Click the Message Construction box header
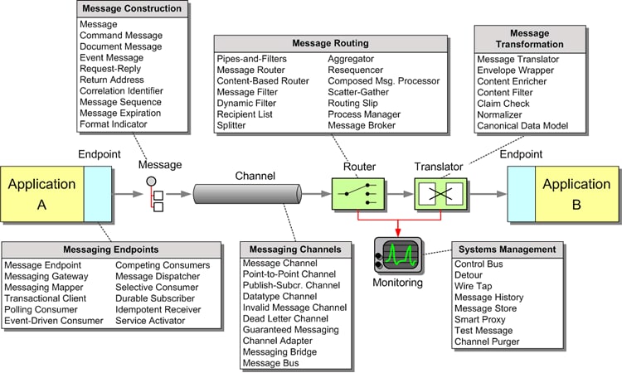tap(132, 9)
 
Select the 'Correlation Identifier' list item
tap(121, 91)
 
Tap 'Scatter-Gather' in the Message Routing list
tap(358, 92)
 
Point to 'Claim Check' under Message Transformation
tap(503, 104)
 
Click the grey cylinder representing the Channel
tap(247, 194)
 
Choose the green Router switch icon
tap(357, 194)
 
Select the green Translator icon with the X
tap(440, 194)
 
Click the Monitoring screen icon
tap(398, 254)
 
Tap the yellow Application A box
tap(42, 194)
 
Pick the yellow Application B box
tap(576, 194)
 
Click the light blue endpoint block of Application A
tap(98, 194)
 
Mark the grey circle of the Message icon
tap(151, 182)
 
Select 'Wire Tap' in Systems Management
tap(474, 286)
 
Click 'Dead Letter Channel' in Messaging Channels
tap(285, 318)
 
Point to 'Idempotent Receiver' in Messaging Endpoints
tap(158, 309)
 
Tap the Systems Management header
tap(507, 249)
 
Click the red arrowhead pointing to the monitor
tap(398, 233)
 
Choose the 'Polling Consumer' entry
tap(41, 309)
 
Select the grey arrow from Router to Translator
tap(400, 194)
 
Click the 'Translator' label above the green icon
tap(439, 167)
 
